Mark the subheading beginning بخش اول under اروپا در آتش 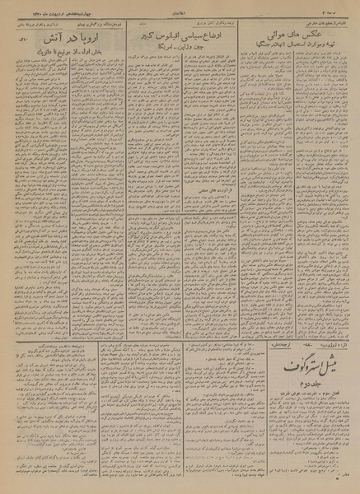[63, 51]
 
